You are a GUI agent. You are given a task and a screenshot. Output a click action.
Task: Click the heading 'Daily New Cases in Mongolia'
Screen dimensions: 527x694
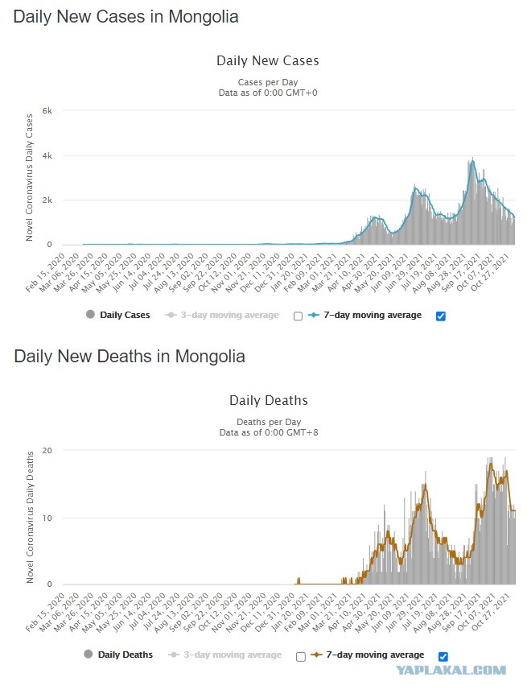point(126,17)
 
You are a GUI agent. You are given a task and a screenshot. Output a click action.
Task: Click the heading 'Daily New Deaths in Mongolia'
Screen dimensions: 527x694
point(130,357)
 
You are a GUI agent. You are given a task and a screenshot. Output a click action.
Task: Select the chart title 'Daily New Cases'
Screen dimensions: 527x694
point(268,60)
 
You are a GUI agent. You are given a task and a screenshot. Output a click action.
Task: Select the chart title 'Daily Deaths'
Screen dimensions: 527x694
point(269,401)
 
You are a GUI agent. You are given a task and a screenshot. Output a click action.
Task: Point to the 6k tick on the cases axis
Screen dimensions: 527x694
point(47,110)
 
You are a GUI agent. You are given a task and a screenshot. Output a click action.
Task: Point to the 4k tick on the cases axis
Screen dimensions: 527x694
point(47,156)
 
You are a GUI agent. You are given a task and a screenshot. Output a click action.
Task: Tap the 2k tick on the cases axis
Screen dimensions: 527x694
point(47,200)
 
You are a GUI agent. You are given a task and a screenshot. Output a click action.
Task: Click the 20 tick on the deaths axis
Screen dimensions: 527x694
point(47,451)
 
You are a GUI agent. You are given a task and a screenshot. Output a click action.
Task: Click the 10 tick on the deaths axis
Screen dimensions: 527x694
point(47,518)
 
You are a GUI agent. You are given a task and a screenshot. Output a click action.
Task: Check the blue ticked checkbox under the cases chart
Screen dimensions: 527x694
point(441,316)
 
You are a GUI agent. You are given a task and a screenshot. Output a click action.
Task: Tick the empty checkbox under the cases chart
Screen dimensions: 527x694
point(298,316)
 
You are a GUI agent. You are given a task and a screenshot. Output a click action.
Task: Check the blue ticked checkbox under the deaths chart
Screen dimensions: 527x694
point(443,656)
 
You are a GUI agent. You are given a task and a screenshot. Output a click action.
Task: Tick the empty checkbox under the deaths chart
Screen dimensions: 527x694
point(301,656)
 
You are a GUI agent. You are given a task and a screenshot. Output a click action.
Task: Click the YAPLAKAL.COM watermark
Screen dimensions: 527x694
point(451,670)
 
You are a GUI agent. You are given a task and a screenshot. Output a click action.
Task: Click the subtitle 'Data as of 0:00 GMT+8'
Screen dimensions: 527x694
point(269,432)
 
